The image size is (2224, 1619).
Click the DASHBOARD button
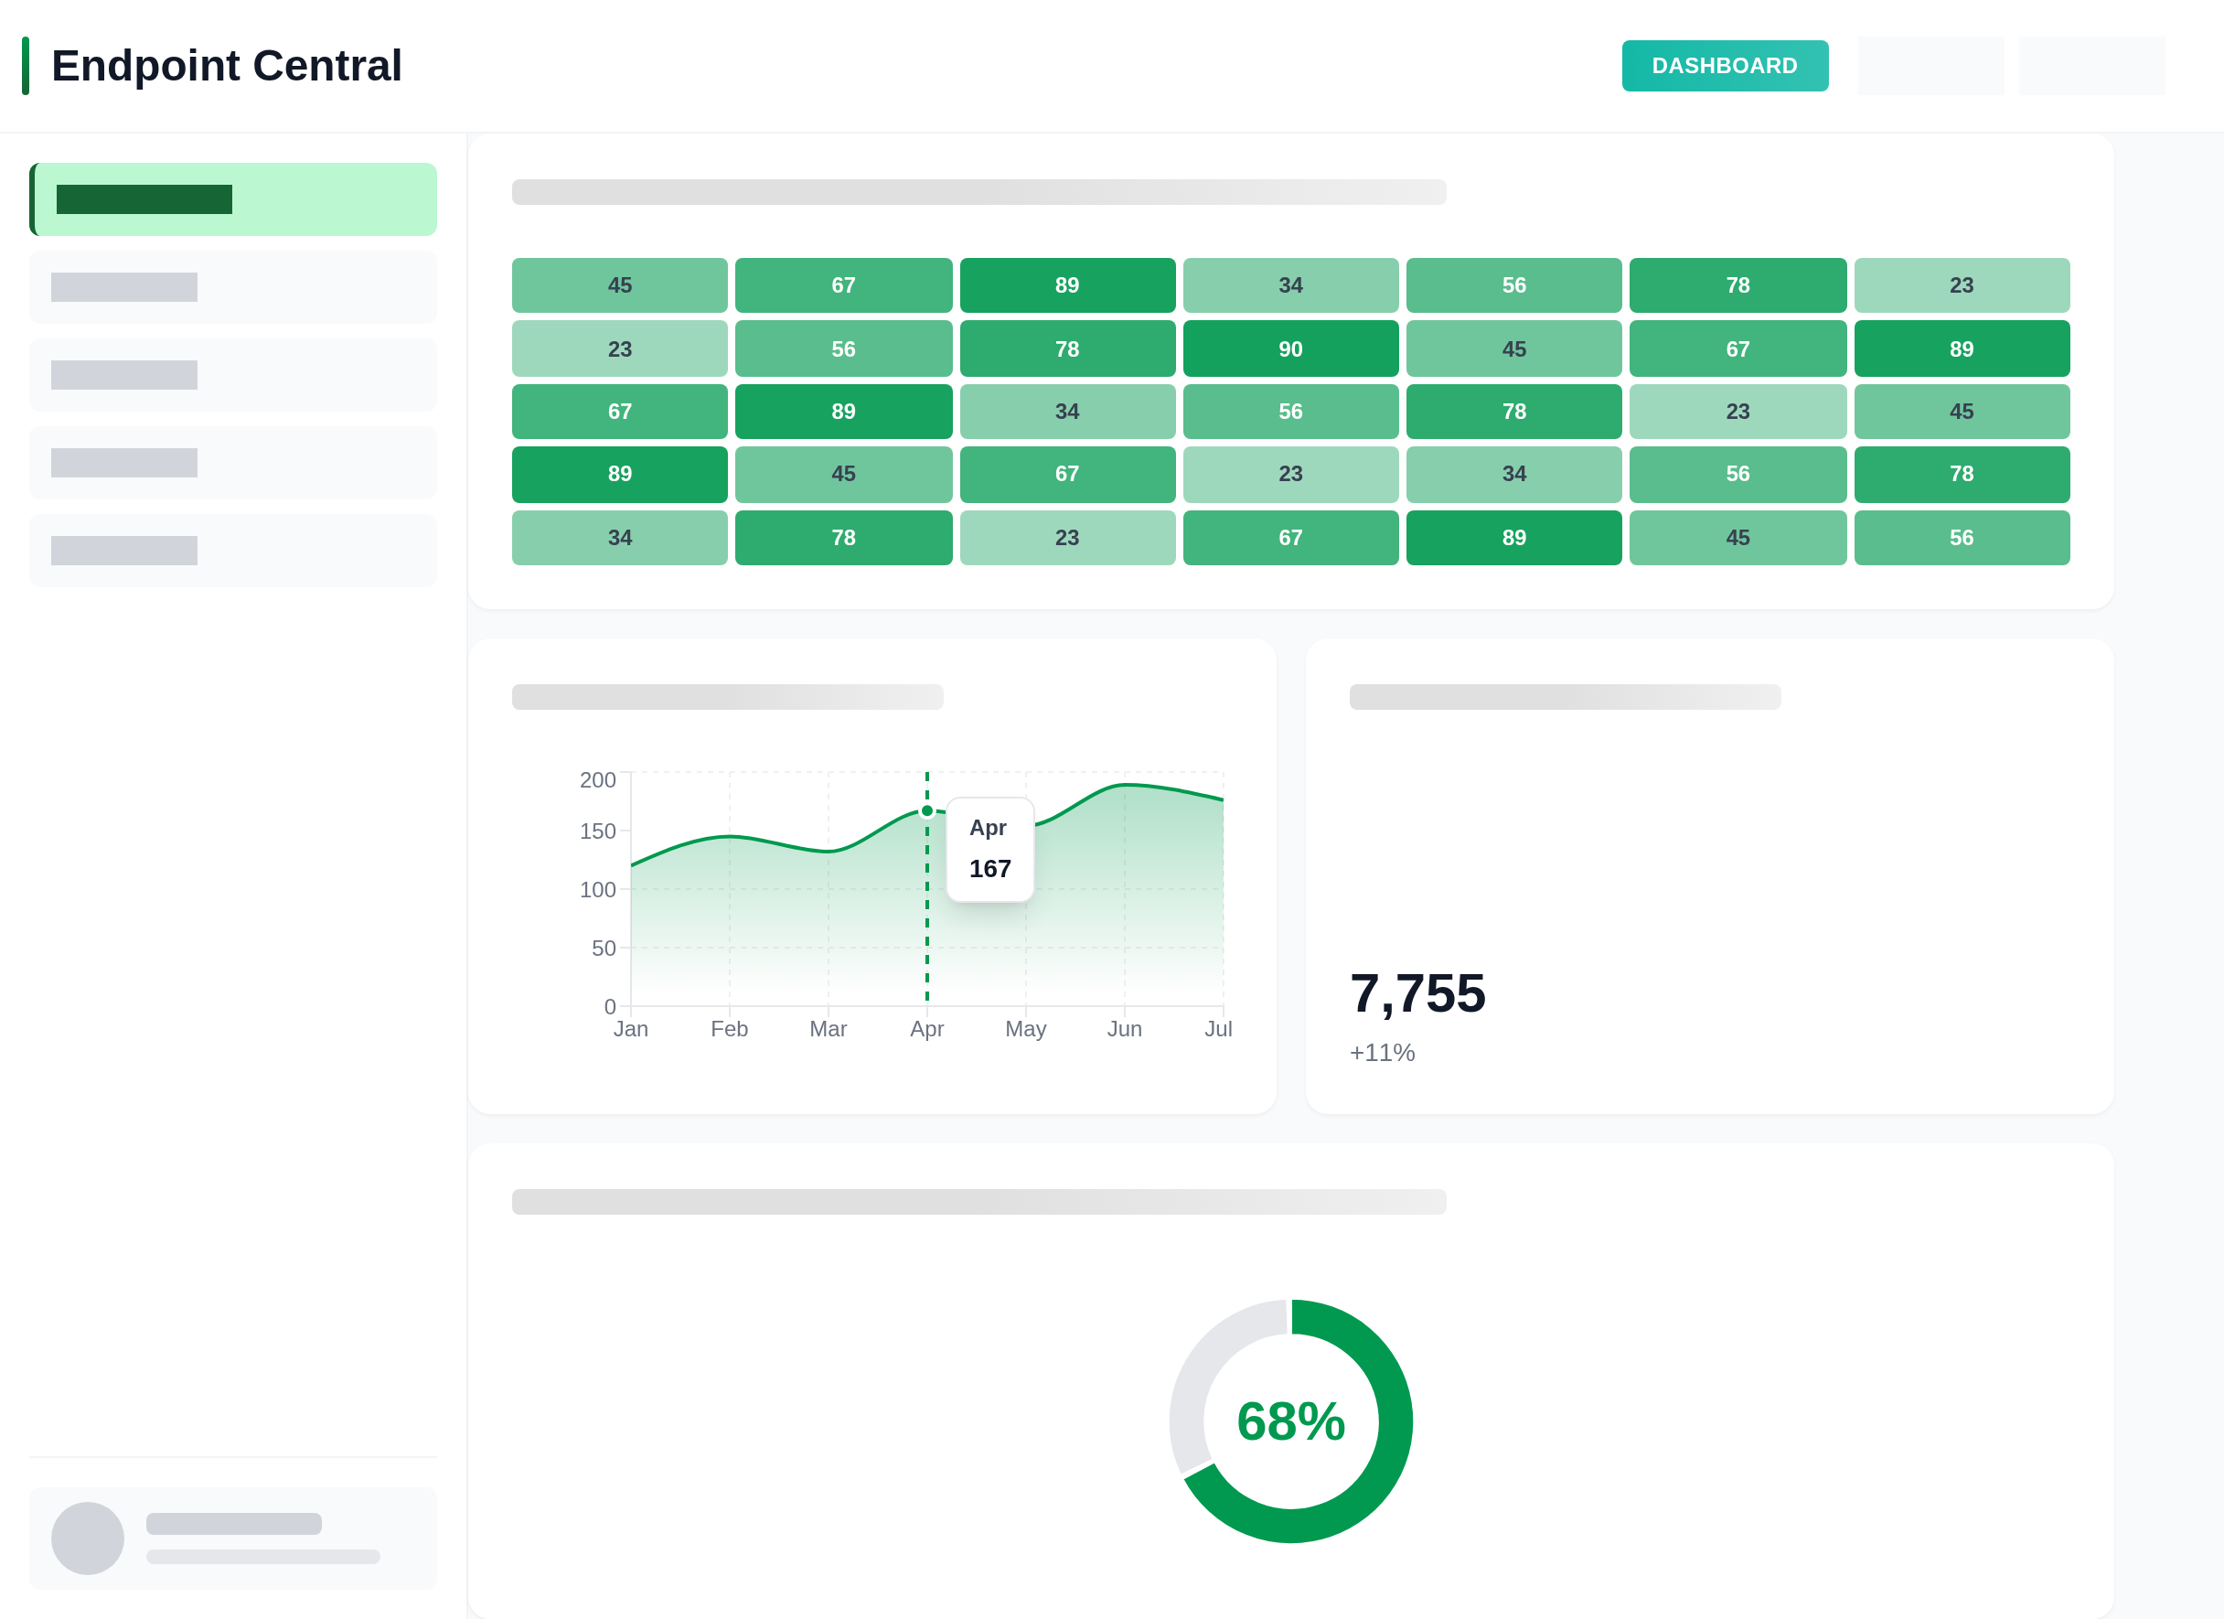pyautogui.click(x=1724, y=66)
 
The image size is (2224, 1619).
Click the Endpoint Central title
pyautogui.click(x=226, y=66)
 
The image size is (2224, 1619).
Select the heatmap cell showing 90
pyautogui.click(x=1290, y=349)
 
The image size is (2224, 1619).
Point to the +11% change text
pyautogui.click(x=1382, y=1052)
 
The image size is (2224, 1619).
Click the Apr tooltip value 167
pyautogui.click(x=989, y=869)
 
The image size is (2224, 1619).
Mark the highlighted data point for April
pyautogui.click(x=926, y=811)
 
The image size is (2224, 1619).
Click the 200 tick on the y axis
pyautogui.click(x=597, y=779)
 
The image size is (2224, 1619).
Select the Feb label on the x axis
pyautogui.click(x=729, y=1029)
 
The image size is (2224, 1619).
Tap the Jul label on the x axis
pyautogui.click(x=1218, y=1029)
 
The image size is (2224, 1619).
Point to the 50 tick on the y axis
pyautogui.click(x=603, y=949)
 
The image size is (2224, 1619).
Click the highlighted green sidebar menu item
pyautogui.click(x=233, y=199)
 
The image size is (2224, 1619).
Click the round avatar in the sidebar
pyautogui.click(x=87, y=1538)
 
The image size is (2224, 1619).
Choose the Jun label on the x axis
pyautogui.click(x=1124, y=1029)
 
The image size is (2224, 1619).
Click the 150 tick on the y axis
pyautogui.click(x=597, y=831)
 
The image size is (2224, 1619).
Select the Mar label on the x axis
pyautogui.click(x=828, y=1029)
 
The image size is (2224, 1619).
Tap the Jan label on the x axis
pyautogui.click(x=630, y=1029)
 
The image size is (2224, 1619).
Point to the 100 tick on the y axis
pyautogui.click(x=597, y=889)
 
